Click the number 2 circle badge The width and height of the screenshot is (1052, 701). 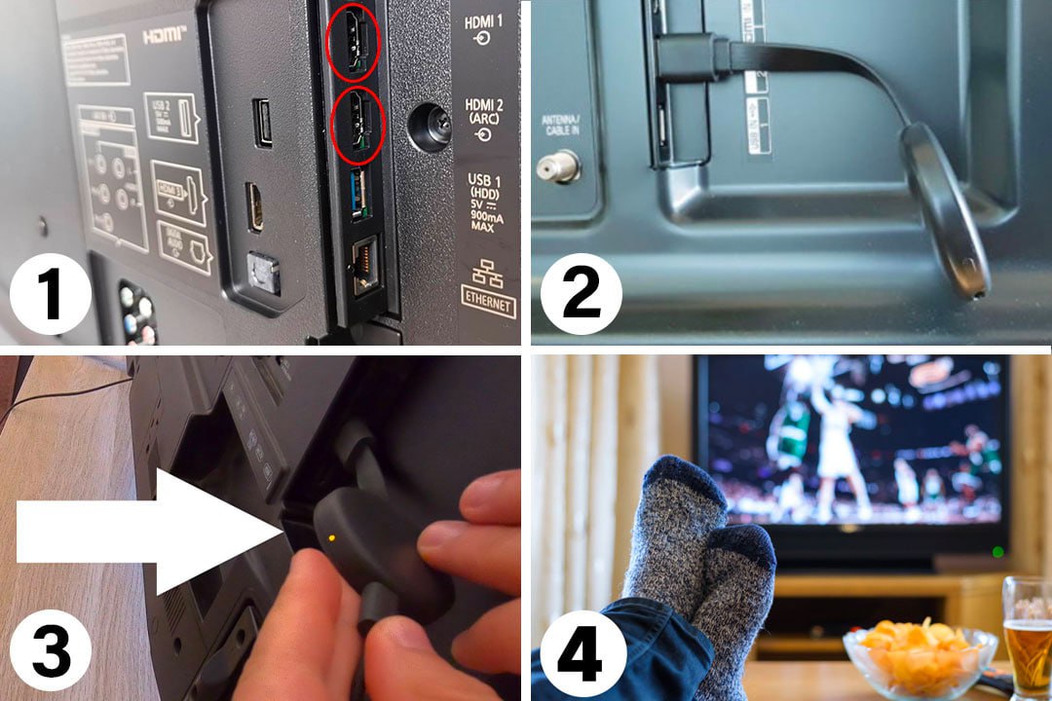582,292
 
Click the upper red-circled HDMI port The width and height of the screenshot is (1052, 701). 353,43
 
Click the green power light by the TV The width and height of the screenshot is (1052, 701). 996,552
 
